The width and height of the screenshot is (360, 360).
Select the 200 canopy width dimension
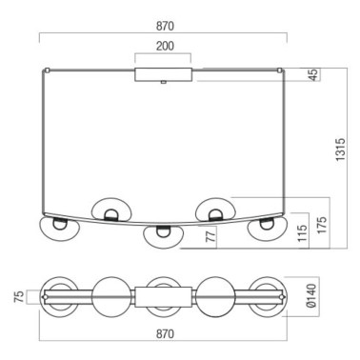coord(165,47)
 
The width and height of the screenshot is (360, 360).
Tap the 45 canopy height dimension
coord(313,75)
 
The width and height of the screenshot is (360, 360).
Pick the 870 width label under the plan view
coord(164,334)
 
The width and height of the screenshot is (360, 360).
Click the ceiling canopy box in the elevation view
coord(165,74)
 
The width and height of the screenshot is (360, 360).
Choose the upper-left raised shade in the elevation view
coord(110,208)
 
